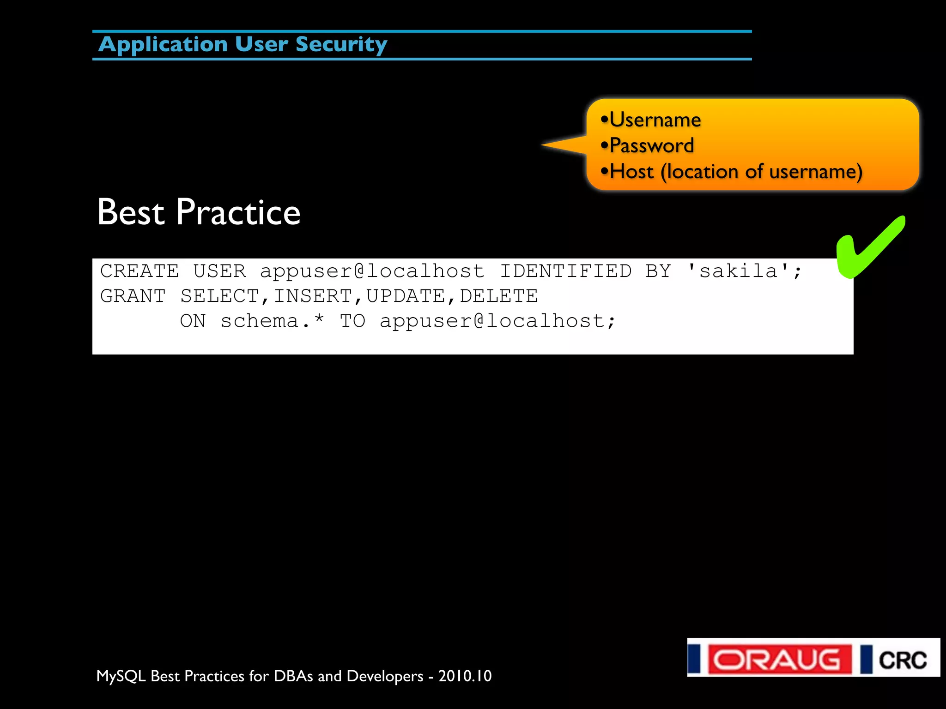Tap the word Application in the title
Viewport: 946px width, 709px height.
[163, 45]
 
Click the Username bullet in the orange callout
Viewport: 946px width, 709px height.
[655, 120]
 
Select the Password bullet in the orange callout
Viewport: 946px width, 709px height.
[651, 146]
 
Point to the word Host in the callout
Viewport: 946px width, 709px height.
[631, 172]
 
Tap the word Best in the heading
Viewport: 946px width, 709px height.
[131, 212]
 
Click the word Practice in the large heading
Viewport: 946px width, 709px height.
[238, 212]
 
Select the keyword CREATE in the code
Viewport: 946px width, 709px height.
[139, 271]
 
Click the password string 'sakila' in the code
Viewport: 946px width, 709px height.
[738, 271]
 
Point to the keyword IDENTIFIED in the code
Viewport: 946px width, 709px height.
[566, 271]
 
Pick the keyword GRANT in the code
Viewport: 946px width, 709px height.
[133, 296]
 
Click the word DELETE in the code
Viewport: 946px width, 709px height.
[499, 296]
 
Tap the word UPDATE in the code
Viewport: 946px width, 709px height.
[406, 296]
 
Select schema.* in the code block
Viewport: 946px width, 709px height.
[273, 321]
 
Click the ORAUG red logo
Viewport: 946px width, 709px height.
[780, 659]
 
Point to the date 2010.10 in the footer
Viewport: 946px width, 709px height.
[465, 676]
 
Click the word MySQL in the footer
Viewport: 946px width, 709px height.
[121, 676]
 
